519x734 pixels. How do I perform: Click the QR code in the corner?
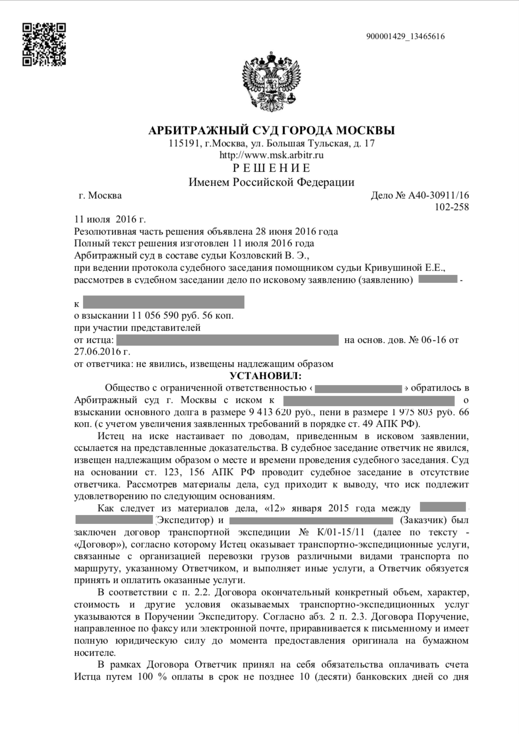pos(44,45)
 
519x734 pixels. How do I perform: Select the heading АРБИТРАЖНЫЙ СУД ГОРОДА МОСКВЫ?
pos(271,130)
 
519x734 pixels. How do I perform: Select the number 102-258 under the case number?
pos(451,207)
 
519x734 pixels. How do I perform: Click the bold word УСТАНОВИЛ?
pos(266,376)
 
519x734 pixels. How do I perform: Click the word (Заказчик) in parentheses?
pos(423,520)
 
